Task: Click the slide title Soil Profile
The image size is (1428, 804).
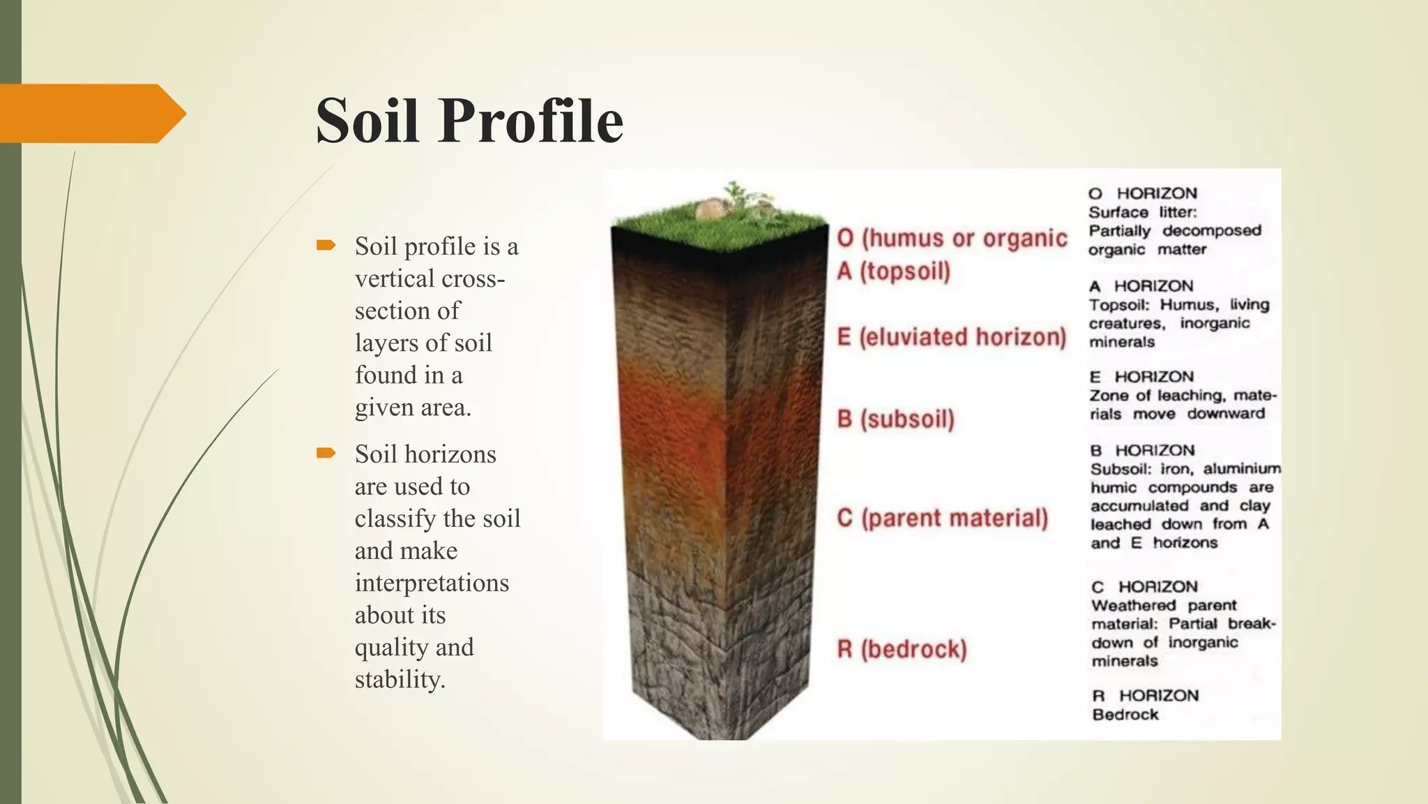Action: point(469,120)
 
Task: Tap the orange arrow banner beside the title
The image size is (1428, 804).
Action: point(91,113)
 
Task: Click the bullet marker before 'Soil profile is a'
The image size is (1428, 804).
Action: point(326,245)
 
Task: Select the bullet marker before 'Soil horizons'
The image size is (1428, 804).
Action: point(326,453)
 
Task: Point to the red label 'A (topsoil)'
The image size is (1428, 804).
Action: point(893,271)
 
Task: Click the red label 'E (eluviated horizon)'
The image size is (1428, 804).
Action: point(951,337)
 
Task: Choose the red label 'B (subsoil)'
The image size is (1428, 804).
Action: point(895,419)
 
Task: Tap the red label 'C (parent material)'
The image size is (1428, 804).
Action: point(942,518)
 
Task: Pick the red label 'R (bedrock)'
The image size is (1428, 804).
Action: point(902,649)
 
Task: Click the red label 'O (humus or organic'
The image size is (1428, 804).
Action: point(952,238)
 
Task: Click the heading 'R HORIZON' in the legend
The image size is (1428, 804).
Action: point(1145,696)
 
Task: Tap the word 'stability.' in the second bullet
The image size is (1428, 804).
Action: point(400,679)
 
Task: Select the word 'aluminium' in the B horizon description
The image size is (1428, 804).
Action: point(1242,469)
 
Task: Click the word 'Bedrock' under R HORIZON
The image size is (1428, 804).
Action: point(1125,715)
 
